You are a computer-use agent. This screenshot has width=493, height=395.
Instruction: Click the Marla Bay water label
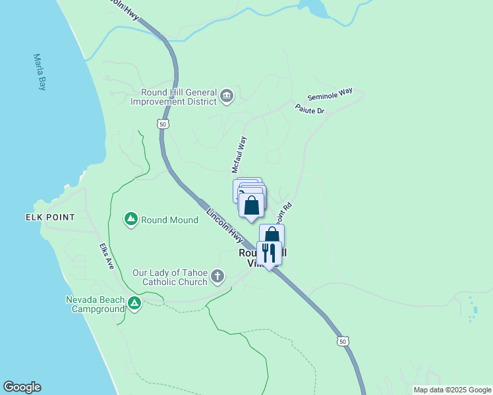click(x=40, y=72)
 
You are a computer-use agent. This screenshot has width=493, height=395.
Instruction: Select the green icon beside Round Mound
click(x=131, y=219)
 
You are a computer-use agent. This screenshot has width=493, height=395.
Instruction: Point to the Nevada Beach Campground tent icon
click(x=134, y=303)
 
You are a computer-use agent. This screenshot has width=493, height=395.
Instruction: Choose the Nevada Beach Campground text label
click(x=95, y=303)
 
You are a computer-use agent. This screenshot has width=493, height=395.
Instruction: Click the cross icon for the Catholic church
click(x=219, y=277)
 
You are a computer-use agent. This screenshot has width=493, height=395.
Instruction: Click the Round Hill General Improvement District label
click(x=174, y=97)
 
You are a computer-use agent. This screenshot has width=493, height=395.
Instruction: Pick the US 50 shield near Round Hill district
click(x=163, y=124)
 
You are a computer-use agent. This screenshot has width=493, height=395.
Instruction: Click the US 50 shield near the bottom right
click(x=341, y=340)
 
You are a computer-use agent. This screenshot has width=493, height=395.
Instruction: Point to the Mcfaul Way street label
click(x=239, y=155)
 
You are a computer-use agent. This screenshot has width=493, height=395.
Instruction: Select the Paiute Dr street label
click(x=310, y=109)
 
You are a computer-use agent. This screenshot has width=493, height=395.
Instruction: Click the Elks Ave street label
click(x=107, y=257)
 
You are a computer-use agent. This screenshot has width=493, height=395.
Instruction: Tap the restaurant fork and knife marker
click(x=269, y=253)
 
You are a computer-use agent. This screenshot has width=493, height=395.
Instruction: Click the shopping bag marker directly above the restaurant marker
click(x=272, y=235)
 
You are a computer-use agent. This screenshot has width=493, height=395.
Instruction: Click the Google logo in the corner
click(x=22, y=387)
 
